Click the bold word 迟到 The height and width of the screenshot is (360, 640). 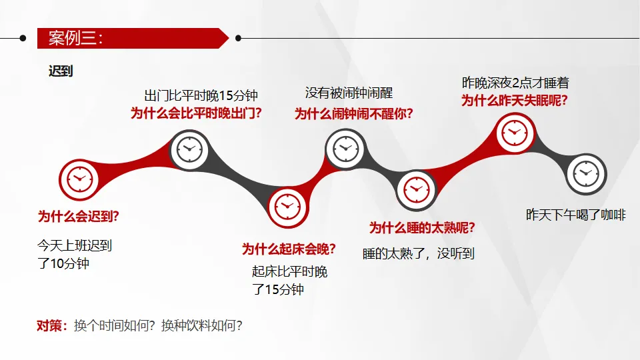pos(61,71)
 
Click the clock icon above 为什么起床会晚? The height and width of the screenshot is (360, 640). pos(288,205)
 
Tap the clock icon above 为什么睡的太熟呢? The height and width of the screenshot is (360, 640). pos(416,189)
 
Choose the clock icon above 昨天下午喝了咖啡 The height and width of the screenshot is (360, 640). pos(586,174)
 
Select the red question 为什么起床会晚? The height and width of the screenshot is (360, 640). pos(289,249)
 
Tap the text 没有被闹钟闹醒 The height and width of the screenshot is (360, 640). pos(349,93)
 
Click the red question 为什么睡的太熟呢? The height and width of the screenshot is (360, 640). pos(422,228)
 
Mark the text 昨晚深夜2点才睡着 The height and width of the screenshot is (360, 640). pos(515,83)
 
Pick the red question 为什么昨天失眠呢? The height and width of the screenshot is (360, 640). pos(515,101)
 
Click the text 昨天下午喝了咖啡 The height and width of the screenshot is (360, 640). pos(576,215)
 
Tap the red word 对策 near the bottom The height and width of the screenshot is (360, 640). pos(51,326)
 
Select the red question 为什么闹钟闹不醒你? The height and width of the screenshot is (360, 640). pos(354,114)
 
